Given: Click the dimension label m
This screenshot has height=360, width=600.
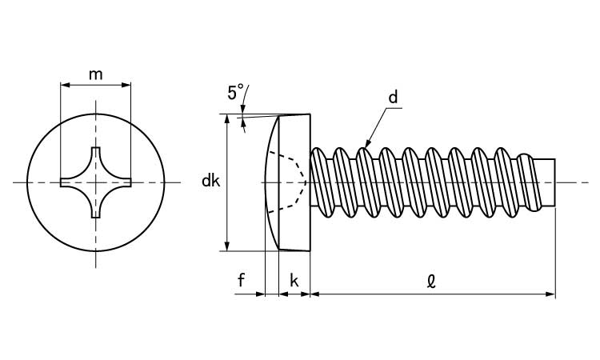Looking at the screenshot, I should click(95, 74).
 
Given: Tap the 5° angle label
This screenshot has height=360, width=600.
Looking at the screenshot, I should click(235, 93).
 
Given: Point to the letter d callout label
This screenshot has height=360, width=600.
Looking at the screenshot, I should click(393, 98).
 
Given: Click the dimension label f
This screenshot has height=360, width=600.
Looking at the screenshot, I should click(241, 280).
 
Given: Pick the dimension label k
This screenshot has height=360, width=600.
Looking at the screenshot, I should click(294, 280).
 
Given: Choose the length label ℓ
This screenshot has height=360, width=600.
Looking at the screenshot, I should click(431, 280).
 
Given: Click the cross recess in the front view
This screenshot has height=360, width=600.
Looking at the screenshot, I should click(96, 182).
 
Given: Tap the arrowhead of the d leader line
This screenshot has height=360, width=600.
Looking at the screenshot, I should click(367, 144).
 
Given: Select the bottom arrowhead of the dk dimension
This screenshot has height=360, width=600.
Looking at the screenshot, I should click(228, 246).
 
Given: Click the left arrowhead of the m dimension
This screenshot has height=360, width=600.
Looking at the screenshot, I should click(65, 84).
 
